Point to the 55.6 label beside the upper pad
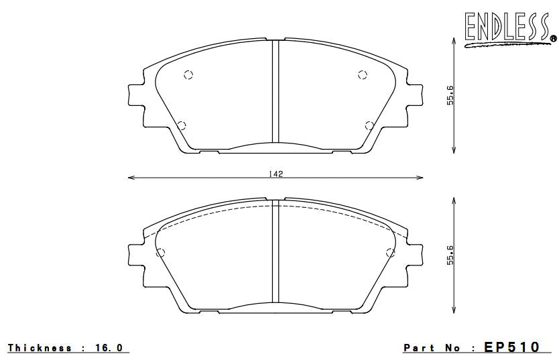tap(451, 97)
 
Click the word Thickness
tap(40, 348)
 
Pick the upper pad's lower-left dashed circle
tap(181, 124)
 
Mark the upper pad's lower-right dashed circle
tap(369, 124)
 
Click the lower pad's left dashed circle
tap(160, 253)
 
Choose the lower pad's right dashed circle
tap(391, 253)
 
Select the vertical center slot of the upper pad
tap(275, 94)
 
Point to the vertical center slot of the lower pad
tap(275, 255)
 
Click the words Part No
tap(432, 348)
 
